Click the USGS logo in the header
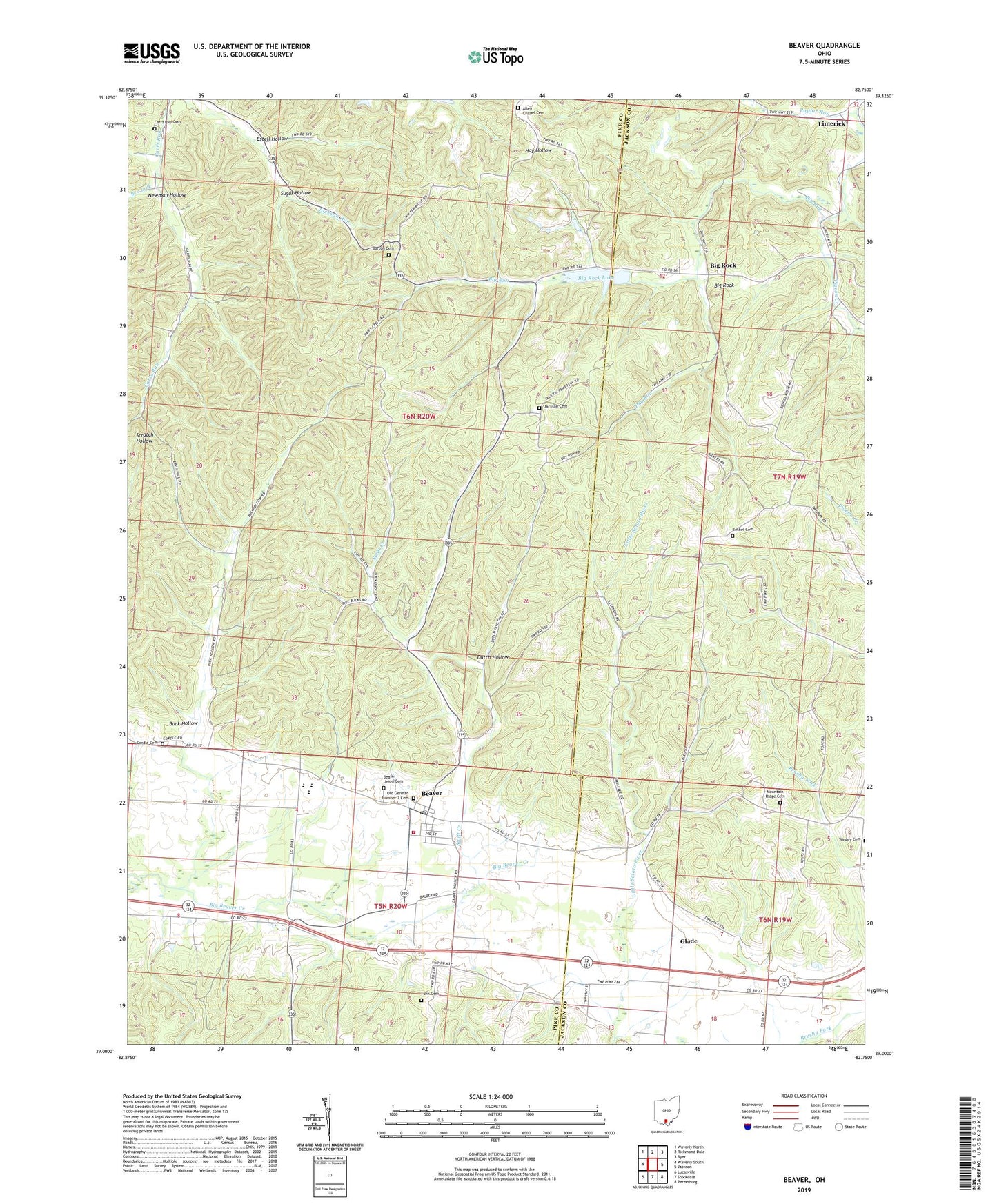151,53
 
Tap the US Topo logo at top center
495,57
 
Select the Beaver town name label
431,793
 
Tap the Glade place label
689,941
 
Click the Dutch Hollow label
492,657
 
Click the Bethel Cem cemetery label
742,530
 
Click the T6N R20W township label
419,417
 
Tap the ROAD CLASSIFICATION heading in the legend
804,1096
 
